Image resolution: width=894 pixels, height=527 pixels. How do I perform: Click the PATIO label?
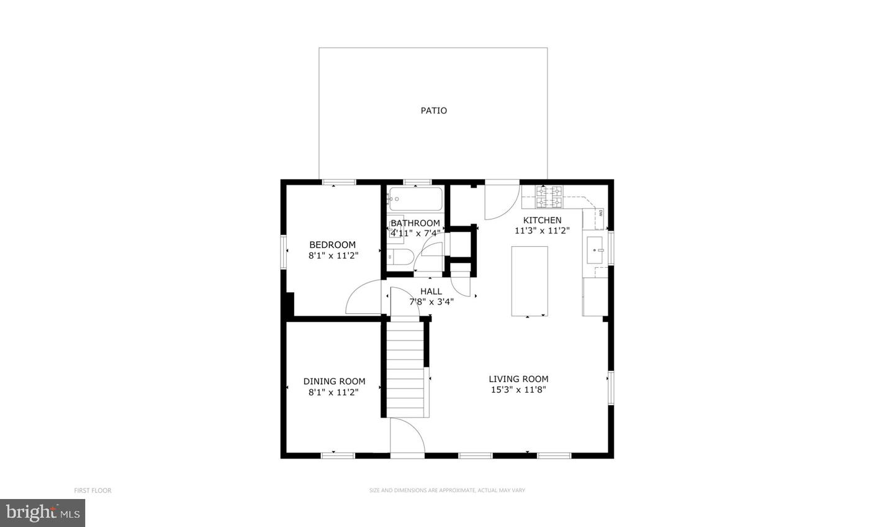(x=433, y=111)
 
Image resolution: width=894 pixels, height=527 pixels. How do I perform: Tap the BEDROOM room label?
(x=333, y=245)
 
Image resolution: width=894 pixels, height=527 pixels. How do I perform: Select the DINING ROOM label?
(x=334, y=382)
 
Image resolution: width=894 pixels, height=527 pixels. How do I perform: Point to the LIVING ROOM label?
(x=518, y=379)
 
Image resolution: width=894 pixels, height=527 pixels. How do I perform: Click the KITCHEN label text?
(x=542, y=220)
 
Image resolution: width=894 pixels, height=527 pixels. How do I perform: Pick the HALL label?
(x=431, y=291)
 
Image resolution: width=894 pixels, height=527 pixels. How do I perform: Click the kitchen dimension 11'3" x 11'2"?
(x=542, y=231)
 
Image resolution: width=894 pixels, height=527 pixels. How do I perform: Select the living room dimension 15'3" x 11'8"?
(x=518, y=390)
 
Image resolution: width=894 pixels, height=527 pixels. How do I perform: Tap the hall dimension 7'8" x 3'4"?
(x=431, y=302)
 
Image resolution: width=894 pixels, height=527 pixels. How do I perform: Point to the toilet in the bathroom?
(x=401, y=257)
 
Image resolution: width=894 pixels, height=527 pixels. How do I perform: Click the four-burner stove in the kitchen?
(x=549, y=196)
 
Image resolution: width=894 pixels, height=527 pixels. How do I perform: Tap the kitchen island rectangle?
(x=530, y=281)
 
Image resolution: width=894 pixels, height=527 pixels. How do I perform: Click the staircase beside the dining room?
(x=405, y=367)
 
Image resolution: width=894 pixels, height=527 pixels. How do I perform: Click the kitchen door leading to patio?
(x=500, y=200)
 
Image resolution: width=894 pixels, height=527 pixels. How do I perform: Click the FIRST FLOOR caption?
(x=93, y=490)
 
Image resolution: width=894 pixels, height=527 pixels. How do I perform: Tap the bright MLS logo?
(x=42, y=513)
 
